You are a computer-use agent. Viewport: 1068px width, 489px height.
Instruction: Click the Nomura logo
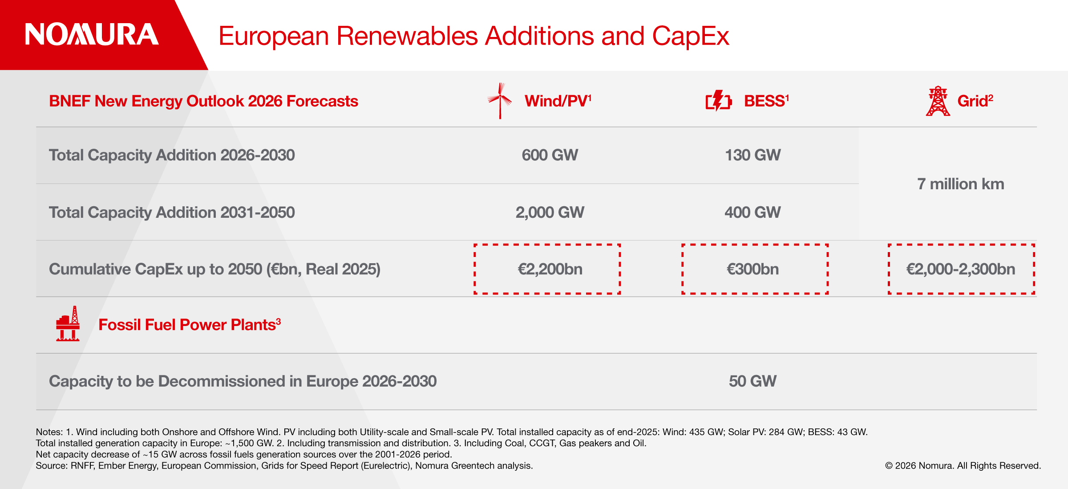tap(92, 34)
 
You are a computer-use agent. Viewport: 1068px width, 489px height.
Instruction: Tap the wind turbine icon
tap(500, 101)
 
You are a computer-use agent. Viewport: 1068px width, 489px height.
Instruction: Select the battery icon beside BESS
tap(719, 101)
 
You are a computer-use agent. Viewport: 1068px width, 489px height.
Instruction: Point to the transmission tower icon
tap(938, 101)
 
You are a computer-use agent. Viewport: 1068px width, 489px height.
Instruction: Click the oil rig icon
tap(68, 324)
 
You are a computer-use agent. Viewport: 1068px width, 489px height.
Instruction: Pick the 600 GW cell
tap(550, 155)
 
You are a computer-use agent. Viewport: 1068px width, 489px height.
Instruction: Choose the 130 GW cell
tap(753, 155)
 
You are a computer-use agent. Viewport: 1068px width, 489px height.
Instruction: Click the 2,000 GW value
tap(550, 212)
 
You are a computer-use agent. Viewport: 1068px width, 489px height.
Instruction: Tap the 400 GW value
tap(753, 212)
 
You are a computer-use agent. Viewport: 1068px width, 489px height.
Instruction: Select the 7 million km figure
tap(961, 184)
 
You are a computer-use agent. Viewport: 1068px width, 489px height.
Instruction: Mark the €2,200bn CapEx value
tap(550, 269)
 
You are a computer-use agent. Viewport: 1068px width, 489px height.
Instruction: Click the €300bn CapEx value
tap(753, 269)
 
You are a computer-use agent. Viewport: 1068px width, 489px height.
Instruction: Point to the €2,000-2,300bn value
tap(961, 269)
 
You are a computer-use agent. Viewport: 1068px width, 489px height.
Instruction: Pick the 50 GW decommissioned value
tap(753, 381)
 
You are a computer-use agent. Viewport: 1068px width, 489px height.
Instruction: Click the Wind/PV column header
tap(558, 101)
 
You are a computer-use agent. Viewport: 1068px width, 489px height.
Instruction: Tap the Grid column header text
tap(975, 101)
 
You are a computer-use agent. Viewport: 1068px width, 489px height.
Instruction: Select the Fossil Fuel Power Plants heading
tap(190, 325)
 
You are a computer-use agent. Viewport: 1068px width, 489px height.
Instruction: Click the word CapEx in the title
tap(691, 37)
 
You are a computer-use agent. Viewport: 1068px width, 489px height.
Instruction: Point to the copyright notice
tap(963, 465)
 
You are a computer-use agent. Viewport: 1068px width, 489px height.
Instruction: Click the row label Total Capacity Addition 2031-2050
tap(172, 212)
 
